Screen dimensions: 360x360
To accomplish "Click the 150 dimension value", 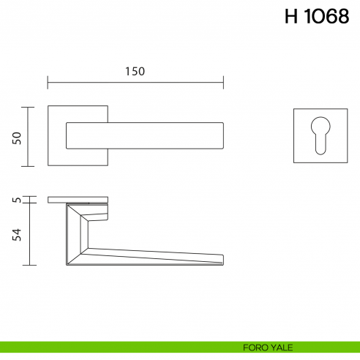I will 135,71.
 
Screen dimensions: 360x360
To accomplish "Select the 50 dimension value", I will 17,137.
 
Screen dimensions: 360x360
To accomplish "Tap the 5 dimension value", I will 17,199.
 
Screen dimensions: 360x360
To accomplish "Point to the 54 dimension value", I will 17,234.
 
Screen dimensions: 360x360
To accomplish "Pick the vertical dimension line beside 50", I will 29,137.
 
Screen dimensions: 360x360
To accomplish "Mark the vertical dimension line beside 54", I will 29,234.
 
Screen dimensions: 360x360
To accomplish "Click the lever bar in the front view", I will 146,137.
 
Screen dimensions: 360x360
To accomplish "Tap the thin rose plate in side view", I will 79,199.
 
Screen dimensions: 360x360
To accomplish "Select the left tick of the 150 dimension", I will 48,81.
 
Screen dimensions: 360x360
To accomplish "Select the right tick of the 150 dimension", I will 224,81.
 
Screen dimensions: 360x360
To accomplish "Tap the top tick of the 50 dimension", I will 29,107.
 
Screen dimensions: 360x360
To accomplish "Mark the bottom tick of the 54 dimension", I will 29,265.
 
